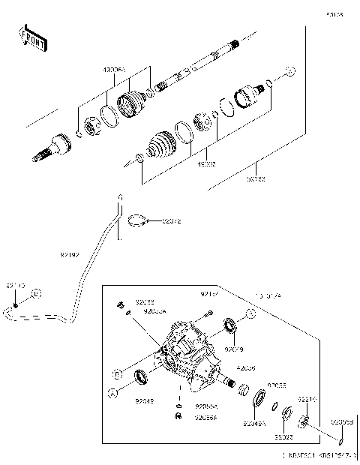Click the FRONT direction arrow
(32, 39)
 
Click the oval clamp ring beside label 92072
(136, 220)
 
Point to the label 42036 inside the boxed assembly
(247, 368)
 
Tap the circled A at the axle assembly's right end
(292, 72)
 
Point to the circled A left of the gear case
(112, 392)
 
